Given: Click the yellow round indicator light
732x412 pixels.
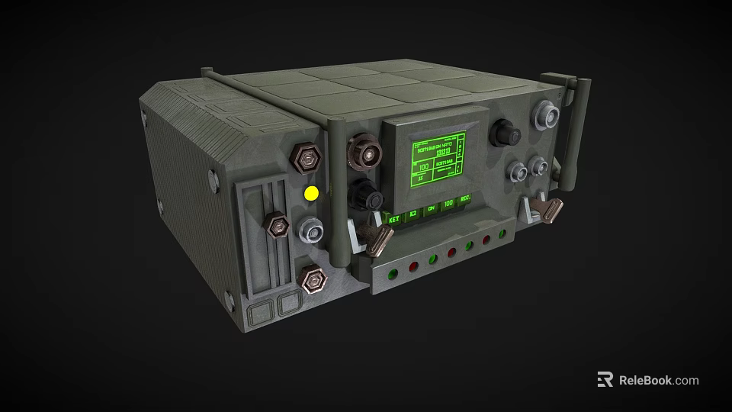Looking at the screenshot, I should tap(311, 194).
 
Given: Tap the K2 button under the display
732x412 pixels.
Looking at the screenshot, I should tap(413, 215).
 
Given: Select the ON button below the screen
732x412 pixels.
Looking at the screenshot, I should tap(431, 209).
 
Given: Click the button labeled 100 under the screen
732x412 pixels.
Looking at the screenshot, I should tap(448, 204).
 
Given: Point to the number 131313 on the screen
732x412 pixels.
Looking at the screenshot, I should tap(443, 152).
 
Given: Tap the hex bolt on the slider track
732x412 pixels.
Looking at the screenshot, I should tap(276, 225).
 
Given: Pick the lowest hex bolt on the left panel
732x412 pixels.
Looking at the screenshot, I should tap(311, 280).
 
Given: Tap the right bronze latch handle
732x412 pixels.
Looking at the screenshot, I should tap(550, 210).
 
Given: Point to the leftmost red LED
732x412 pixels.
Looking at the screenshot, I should tap(413, 266).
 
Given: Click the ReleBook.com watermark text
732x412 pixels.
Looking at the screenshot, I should tap(657, 380).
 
